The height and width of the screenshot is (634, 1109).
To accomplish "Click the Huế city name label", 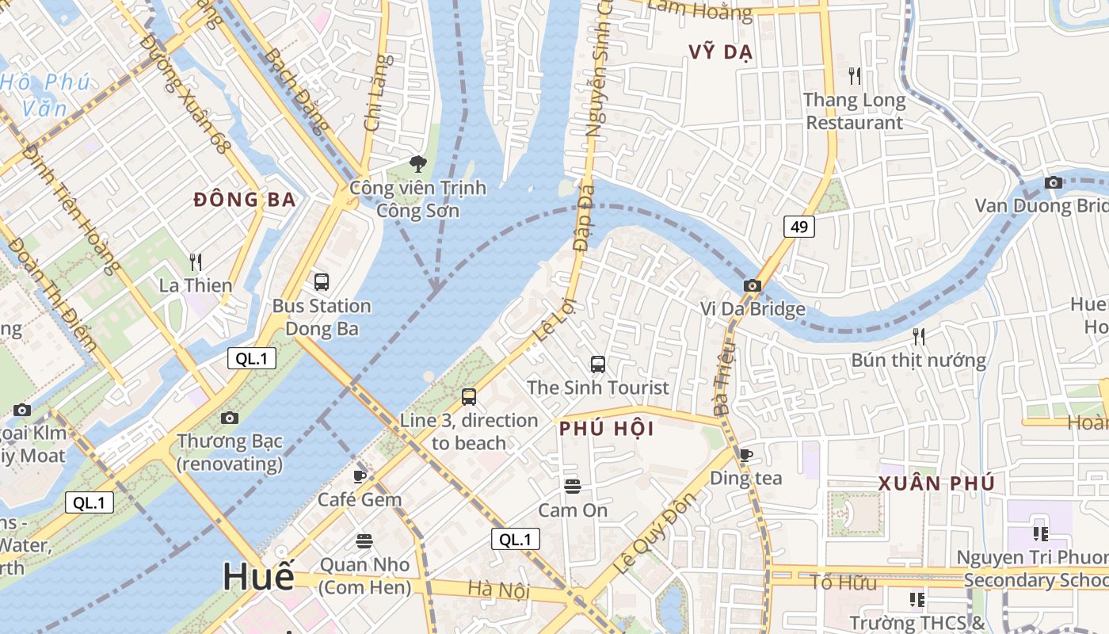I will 258,576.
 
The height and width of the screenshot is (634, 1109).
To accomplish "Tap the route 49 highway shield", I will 799,227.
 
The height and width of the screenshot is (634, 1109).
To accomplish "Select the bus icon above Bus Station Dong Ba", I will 322,281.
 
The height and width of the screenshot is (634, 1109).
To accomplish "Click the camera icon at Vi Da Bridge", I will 752,285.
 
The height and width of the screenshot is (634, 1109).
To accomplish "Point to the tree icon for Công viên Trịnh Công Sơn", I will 417,164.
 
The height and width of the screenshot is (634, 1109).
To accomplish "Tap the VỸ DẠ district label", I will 719,52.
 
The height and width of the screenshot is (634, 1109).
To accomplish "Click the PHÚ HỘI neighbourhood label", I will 606,429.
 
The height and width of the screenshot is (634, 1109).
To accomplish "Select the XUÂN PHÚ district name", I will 936,483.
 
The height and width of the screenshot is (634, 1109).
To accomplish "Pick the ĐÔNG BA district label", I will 245,200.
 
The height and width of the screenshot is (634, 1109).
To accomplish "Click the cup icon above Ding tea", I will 745,455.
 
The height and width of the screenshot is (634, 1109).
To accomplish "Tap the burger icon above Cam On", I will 573,486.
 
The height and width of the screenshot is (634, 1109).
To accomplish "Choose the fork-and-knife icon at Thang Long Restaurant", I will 854,76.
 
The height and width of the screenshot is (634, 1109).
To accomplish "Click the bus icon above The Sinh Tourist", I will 598,365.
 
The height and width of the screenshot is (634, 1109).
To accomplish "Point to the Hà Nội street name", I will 498,590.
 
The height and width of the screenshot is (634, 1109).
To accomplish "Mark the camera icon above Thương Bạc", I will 230,418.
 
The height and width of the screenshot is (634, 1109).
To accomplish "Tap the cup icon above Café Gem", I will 360,476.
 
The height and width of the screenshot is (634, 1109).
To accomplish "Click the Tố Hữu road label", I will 843,583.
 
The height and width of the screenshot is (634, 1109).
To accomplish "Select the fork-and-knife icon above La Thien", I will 196,262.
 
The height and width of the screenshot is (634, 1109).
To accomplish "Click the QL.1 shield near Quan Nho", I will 515,540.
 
